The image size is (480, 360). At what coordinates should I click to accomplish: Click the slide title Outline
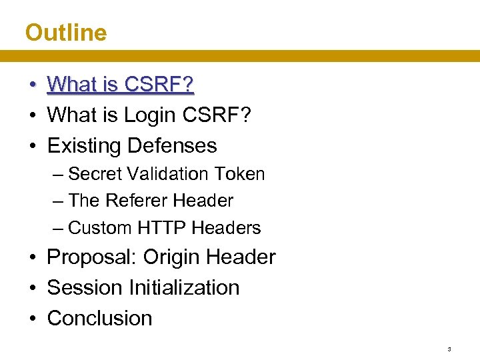point(65,33)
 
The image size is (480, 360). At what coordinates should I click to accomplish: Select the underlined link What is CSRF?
point(120,84)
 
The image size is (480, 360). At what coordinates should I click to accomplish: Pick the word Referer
point(137,201)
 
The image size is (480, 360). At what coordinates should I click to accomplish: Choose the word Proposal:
point(92,257)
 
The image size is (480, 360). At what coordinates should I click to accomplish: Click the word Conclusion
point(99,318)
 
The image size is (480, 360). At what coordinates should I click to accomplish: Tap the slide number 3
point(449,349)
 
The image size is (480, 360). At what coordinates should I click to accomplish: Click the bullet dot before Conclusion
point(32,319)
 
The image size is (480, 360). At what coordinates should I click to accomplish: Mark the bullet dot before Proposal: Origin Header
point(32,258)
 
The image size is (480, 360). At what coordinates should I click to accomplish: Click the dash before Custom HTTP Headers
point(58,228)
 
